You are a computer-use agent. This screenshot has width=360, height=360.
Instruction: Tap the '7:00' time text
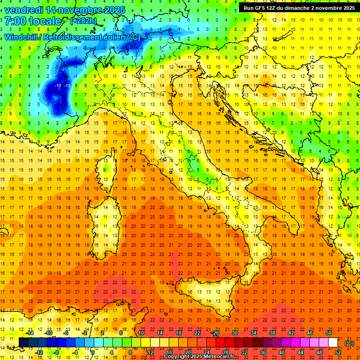[x=16, y=21]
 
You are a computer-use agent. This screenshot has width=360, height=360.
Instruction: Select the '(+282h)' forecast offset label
[x=84, y=21]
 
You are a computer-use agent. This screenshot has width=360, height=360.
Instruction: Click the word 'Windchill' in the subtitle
[x=22, y=37]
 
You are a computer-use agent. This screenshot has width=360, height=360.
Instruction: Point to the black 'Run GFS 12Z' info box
[x=299, y=7]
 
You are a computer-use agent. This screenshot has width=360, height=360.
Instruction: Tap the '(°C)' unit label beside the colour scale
[x=349, y=343]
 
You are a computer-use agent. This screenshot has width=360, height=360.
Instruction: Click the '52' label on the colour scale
[x=338, y=352]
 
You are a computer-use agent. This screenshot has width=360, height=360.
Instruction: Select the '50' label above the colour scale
[x=329, y=333]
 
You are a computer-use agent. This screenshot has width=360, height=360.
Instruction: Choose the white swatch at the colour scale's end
[x=333, y=343]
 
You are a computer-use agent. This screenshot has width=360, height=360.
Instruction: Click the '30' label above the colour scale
[x=235, y=333]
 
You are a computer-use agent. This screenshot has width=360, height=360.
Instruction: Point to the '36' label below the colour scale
[x=263, y=352]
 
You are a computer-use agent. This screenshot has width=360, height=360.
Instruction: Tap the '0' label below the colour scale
[x=93, y=352]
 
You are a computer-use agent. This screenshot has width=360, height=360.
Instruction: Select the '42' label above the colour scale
[x=291, y=333]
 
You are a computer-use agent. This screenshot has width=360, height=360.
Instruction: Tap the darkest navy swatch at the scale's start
[x=24, y=343]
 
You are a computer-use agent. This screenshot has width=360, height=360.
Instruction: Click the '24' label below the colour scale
[x=207, y=352]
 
